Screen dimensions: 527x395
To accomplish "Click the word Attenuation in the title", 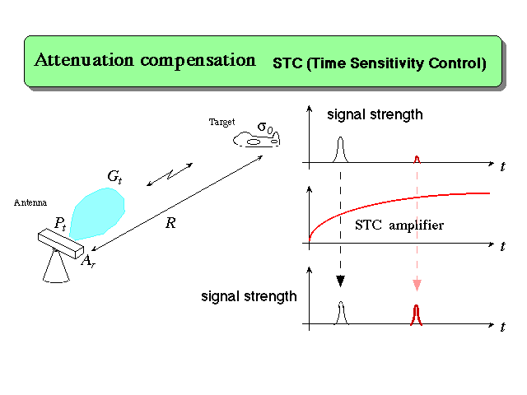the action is click(x=84, y=60).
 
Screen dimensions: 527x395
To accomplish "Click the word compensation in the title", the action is click(x=198, y=62).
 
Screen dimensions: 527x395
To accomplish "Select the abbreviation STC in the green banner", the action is click(x=287, y=63).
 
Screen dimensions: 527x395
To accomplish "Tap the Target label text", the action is click(x=222, y=122).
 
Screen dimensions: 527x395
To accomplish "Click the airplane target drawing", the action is click(x=256, y=139).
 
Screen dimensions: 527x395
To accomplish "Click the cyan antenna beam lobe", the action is click(x=97, y=213).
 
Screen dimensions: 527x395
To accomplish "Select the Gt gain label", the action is click(x=114, y=176).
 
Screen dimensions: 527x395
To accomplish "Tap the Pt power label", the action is click(x=60, y=223).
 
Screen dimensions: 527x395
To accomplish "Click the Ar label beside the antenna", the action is click(x=88, y=261).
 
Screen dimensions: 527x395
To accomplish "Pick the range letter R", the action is click(x=170, y=223).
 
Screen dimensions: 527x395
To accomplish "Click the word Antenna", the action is click(x=30, y=202).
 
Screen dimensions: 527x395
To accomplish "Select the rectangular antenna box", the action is click(x=61, y=244).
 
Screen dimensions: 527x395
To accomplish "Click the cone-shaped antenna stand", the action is click(x=56, y=267).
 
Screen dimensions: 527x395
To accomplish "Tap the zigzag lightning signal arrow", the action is click(x=170, y=174).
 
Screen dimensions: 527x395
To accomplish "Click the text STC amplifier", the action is click(x=399, y=225).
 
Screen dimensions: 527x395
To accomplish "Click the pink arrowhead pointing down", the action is click(x=417, y=286).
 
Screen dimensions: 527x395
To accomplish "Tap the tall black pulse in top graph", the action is click(x=340, y=150).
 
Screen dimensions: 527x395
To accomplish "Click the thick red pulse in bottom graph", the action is click(x=417, y=314).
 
